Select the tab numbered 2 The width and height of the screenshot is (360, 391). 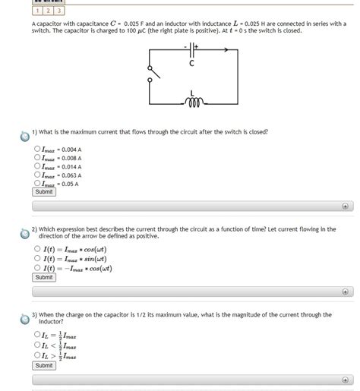click(x=48, y=11)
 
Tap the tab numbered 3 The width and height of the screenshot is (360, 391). click(x=59, y=11)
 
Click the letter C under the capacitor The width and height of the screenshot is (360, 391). click(x=192, y=64)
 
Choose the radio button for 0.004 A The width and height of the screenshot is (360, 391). click(x=37, y=150)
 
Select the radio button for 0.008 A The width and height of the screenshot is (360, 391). click(x=37, y=158)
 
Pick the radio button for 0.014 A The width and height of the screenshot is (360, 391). click(x=37, y=166)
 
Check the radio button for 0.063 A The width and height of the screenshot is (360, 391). click(x=37, y=175)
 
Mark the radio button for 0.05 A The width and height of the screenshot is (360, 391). click(x=37, y=183)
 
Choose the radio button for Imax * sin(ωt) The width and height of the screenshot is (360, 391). click(x=37, y=258)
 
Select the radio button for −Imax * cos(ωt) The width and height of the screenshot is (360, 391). click(x=37, y=267)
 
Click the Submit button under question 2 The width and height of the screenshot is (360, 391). click(x=44, y=277)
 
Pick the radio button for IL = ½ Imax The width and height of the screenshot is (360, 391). click(x=37, y=334)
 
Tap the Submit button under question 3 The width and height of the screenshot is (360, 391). click(x=44, y=365)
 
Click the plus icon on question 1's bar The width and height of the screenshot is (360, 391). click(x=345, y=205)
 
